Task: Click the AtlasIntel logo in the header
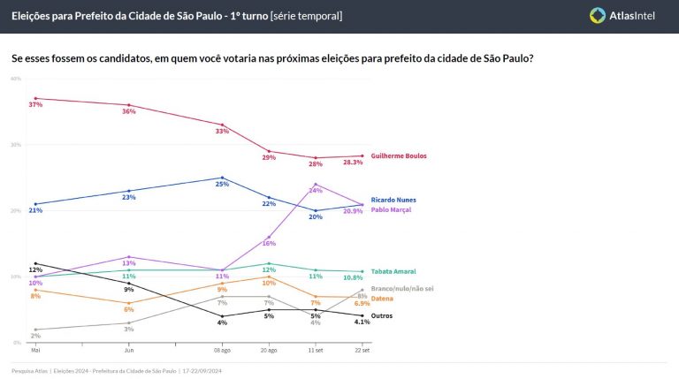click(x=622, y=15)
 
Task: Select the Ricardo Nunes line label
click(x=394, y=200)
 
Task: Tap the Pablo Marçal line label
click(x=393, y=209)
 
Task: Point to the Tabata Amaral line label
click(x=394, y=271)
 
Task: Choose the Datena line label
click(x=383, y=299)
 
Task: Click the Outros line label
click(x=382, y=315)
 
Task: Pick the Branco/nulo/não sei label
click(x=404, y=289)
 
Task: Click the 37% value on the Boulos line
click(x=35, y=105)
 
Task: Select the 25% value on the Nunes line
click(x=222, y=184)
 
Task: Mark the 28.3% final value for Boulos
click(x=354, y=163)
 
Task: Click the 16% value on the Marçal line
click(x=269, y=243)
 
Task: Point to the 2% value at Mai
click(x=34, y=336)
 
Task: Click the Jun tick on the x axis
click(x=128, y=350)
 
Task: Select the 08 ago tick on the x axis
click(x=222, y=350)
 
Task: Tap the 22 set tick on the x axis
click(x=362, y=350)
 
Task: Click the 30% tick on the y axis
click(x=16, y=144)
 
